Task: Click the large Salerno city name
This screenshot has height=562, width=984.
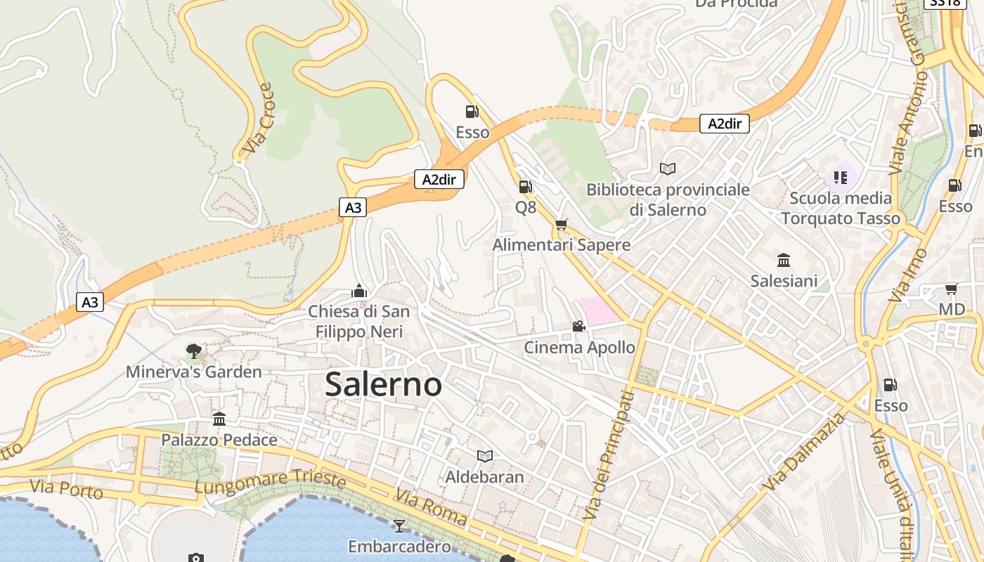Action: click(384, 384)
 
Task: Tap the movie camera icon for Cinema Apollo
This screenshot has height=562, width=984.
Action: click(578, 326)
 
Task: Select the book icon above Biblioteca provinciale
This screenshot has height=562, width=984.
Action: click(667, 169)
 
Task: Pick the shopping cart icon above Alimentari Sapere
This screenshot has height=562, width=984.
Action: click(561, 224)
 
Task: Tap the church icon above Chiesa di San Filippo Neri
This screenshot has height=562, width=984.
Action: click(359, 290)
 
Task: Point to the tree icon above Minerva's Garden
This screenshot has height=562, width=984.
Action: click(194, 351)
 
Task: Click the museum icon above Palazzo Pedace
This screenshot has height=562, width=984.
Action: click(219, 419)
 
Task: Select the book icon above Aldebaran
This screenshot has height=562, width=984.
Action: click(484, 456)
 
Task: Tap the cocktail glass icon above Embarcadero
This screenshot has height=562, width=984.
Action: click(399, 525)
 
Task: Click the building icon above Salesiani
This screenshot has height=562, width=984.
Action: click(784, 260)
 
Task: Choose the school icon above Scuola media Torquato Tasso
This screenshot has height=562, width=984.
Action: click(841, 177)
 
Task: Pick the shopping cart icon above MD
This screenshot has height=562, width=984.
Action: click(952, 289)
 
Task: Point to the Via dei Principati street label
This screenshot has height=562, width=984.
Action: click(609, 457)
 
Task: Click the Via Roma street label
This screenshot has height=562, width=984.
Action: click(431, 507)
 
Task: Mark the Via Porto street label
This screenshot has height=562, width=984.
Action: click(66, 488)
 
